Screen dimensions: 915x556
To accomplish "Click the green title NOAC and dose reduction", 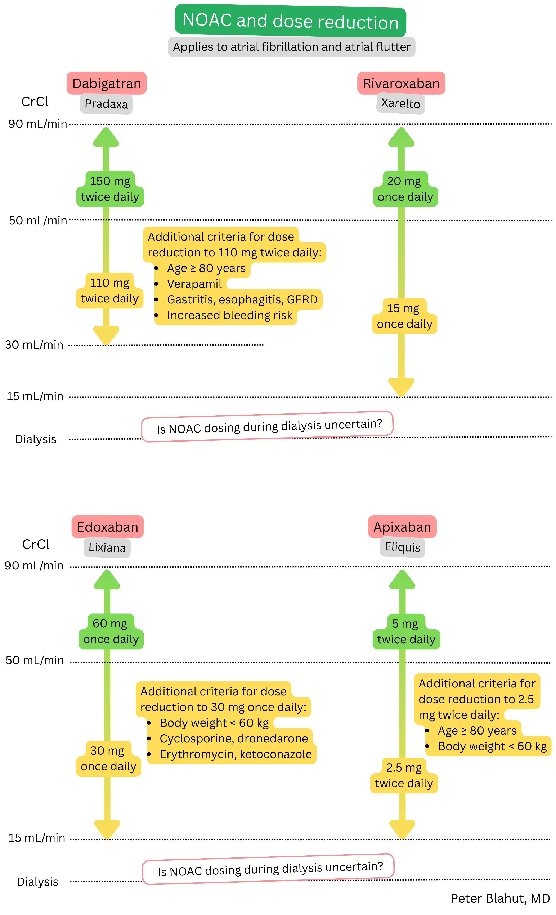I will [x=290, y=21].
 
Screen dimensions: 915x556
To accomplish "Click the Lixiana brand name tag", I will [x=107, y=547].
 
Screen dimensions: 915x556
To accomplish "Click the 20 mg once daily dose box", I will [x=405, y=189].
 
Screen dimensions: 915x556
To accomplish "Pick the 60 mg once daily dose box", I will [x=111, y=631].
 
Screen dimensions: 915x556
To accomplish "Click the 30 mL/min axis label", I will [x=34, y=345].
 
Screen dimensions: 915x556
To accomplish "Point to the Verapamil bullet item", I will [x=194, y=284].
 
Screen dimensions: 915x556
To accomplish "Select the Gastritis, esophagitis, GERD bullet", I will [x=242, y=300].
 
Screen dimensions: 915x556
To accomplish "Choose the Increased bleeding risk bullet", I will [x=229, y=315].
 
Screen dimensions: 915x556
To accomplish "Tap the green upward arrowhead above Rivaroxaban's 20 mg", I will [x=401, y=137].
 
